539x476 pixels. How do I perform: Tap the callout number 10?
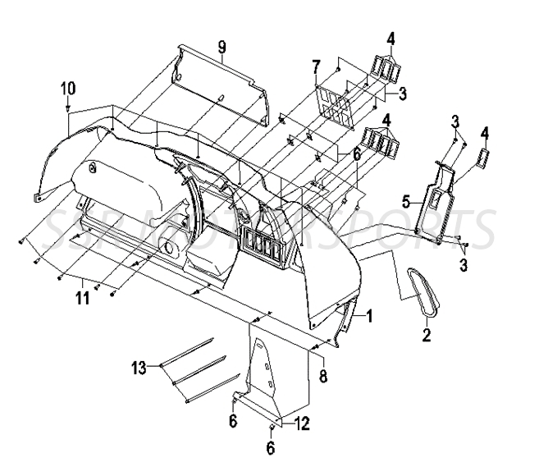pos(67,87)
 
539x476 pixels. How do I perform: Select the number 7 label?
pos(315,65)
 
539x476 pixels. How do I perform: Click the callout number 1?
pos(369,314)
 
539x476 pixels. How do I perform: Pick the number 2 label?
pos(426,333)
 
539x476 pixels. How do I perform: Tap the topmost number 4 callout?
pos(391,38)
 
